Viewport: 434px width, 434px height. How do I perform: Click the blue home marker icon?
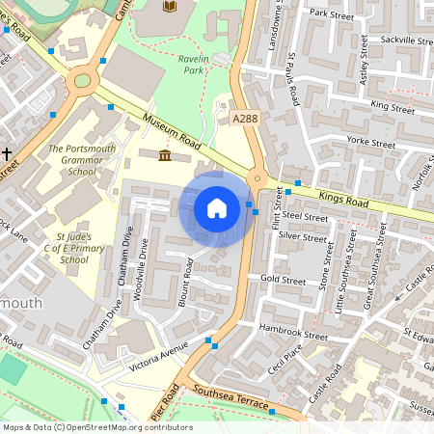[217, 207]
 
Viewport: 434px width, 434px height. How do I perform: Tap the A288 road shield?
[246, 118]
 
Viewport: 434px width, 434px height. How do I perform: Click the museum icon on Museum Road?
[165, 155]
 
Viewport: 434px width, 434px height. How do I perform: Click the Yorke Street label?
[371, 142]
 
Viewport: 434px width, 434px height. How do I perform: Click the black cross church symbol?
[6, 153]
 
